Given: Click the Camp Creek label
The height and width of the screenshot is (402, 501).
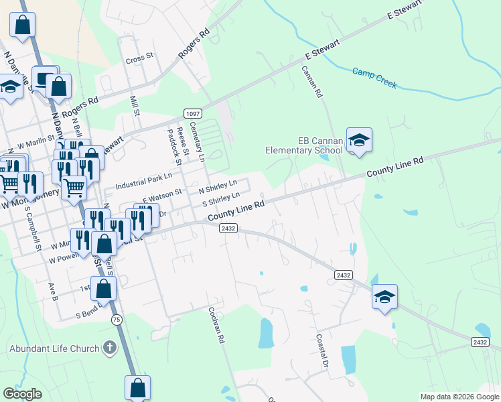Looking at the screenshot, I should (x=374, y=78).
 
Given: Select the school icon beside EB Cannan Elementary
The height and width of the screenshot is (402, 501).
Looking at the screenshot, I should (x=359, y=140).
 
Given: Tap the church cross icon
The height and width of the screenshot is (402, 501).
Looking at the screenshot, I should (x=110, y=348).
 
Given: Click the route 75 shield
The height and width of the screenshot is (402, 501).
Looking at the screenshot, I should (x=117, y=320).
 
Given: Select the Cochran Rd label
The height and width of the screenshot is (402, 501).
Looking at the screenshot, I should (x=216, y=326).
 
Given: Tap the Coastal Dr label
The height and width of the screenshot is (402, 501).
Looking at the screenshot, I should (x=321, y=350).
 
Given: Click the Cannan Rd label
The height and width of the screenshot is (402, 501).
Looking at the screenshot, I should (x=311, y=82).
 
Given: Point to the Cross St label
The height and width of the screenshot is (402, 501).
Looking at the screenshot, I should (x=139, y=59).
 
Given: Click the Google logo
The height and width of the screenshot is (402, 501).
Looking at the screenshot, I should (x=22, y=394).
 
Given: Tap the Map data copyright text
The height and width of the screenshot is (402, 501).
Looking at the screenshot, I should (x=459, y=397).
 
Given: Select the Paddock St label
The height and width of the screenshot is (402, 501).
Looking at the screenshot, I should (x=170, y=147).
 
